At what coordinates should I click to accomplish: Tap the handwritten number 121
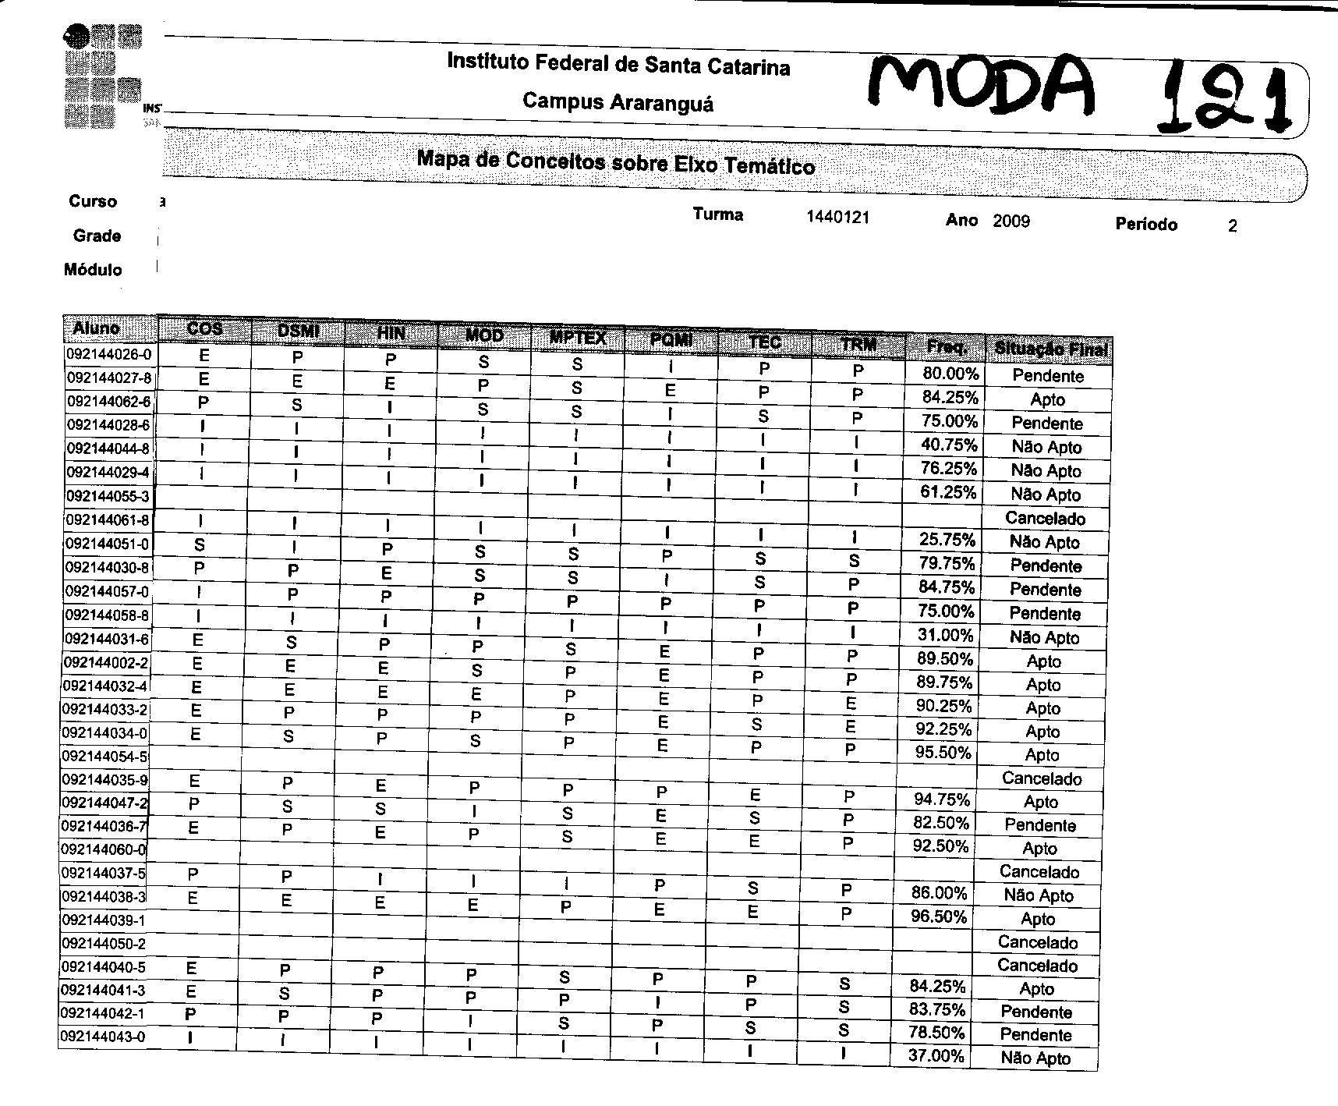tap(1224, 100)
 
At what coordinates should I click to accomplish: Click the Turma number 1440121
tap(837, 218)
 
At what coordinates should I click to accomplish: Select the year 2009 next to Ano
tap(1011, 222)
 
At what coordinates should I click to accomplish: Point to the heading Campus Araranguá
tap(618, 101)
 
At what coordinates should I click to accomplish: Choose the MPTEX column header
tap(578, 337)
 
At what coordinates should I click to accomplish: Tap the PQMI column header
tap(671, 339)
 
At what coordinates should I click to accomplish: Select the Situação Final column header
tap(1049, 349)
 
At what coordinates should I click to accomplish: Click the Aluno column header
tap(96, 328)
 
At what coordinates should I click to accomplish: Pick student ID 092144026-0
tap(109, 355)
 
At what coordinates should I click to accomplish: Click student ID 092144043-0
tap(103, 1037)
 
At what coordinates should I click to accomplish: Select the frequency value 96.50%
tap(939, 916)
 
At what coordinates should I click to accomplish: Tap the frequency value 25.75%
tap(947, 540)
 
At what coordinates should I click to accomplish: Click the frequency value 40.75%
tap(949, 445)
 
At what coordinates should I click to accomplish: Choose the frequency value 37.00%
tap(936, 1056)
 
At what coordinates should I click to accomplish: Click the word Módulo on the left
tap(93, 270)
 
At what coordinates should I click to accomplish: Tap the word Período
tap(1145, 225)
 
